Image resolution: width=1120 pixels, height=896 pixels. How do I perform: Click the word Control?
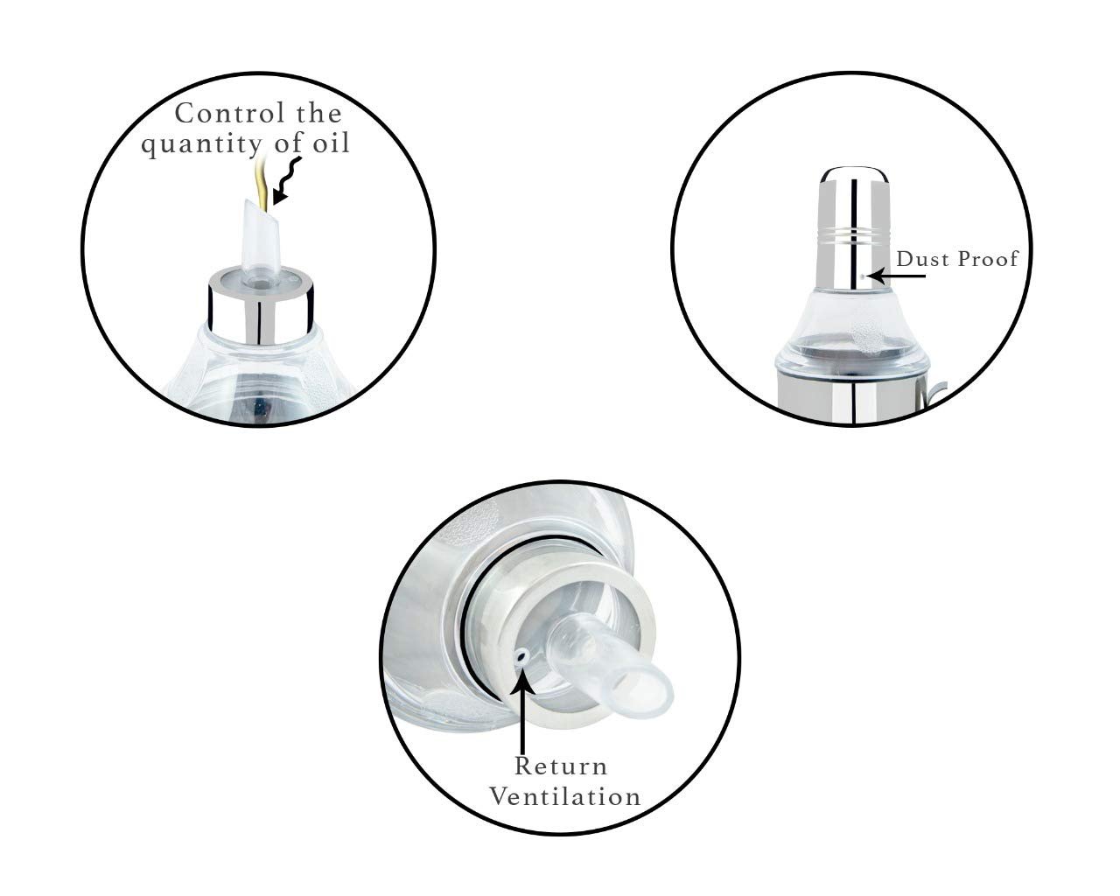coord(230,113)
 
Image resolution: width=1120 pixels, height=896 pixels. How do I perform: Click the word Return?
coord(561,766)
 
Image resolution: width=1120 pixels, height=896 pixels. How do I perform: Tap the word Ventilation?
coord(565,797)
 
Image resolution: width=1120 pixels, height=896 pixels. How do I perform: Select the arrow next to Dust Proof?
coord(898,276)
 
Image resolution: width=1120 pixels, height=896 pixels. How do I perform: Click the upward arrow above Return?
coord(522,712)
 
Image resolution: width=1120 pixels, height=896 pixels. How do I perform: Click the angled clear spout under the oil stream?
coord(260,241)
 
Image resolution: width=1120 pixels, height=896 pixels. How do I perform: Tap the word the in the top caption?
coord(319,113)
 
